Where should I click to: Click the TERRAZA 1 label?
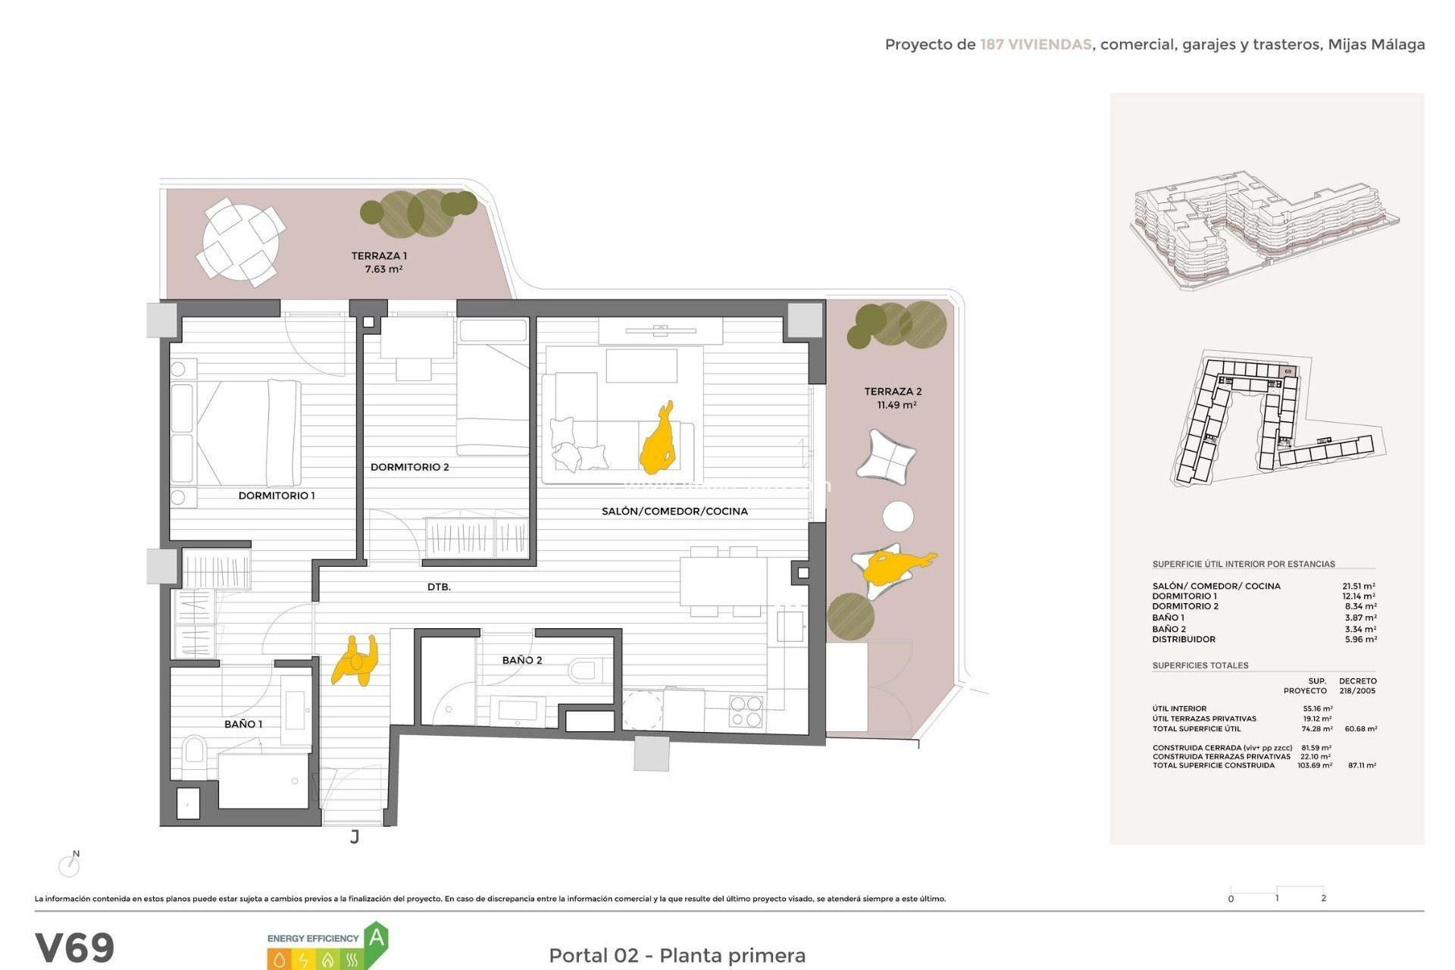tap(379, 256)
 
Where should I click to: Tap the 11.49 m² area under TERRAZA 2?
tap(896, 405)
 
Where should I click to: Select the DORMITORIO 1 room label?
tap(277, 496)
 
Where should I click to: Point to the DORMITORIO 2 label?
tap(409, 467)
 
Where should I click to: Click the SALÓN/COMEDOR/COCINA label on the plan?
tap(674, 512)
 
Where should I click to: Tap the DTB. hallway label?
tap(439, 587)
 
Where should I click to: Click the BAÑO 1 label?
tap(243, 724)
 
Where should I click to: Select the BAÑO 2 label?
tap(522, 660)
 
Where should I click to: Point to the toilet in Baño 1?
tap(194, 751)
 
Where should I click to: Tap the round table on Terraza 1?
tap(240, 242)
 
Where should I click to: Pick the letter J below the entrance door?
tap(355, 837)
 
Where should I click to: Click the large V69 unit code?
tap(74, 948)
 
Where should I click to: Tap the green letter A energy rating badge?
tap(377, 939)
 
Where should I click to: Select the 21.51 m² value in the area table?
tap(1358, 586)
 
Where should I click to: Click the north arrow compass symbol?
tap(70, 865)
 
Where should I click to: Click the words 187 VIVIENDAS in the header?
tap(1035, 45)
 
